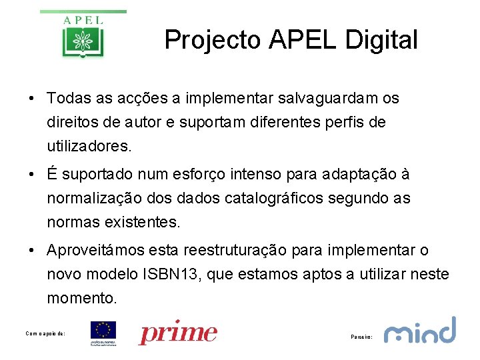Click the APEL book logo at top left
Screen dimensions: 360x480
click(x=83, y=35)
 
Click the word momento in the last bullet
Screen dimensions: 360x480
click(x=81, y=297)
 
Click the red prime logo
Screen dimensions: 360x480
click(x=178, y=333)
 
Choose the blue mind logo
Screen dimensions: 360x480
click(x=420, y=331)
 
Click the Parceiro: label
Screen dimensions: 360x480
click(x=361, y=337)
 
